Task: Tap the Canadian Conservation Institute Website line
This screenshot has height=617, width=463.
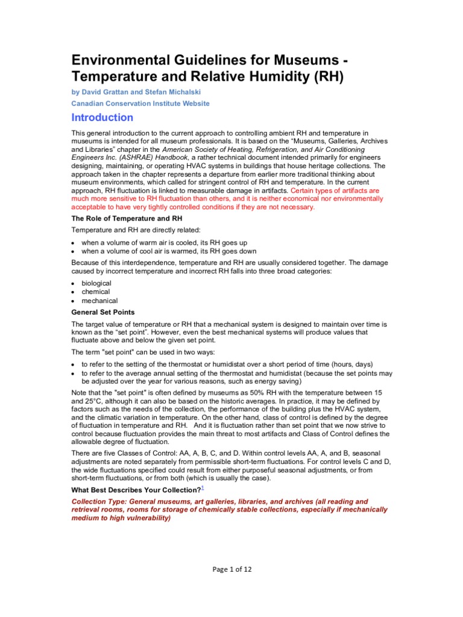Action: [x=140, y=103]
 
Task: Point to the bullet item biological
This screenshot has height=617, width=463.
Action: [x=96, y=283]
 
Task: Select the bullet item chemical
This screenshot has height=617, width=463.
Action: [x=96, y=292]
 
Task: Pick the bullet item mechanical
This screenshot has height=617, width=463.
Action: [x=99, y=301]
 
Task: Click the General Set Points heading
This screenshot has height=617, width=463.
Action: [x=103, y=312]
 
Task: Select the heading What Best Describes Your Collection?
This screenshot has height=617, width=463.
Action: [x=136, y=490]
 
